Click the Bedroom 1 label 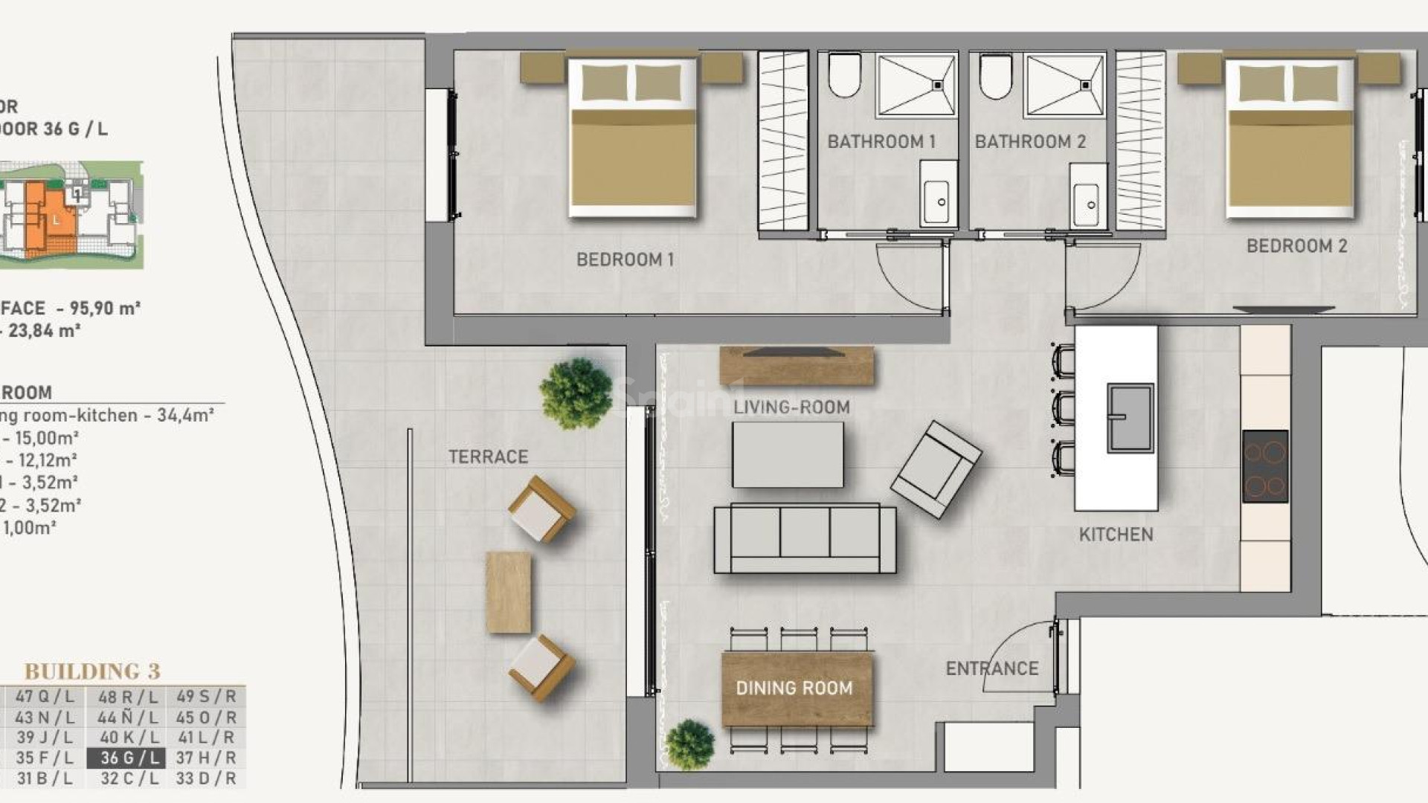coord(625,259)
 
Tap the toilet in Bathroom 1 coord(844,74)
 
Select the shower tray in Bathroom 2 coord(1064,85)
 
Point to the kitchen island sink coord(1130,418)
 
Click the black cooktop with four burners coord(1265,466)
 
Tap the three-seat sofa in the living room coord(805,538)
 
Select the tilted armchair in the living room coord(936,469)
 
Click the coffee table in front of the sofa coord(788,454)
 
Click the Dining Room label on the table coord(794,688)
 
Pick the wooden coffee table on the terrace coord(509,592)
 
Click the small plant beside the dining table coord(689,744)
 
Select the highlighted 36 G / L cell coord(125,758)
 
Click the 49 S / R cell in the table coord(206,697)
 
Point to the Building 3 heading coord(92,671)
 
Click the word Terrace coord(488,457)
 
